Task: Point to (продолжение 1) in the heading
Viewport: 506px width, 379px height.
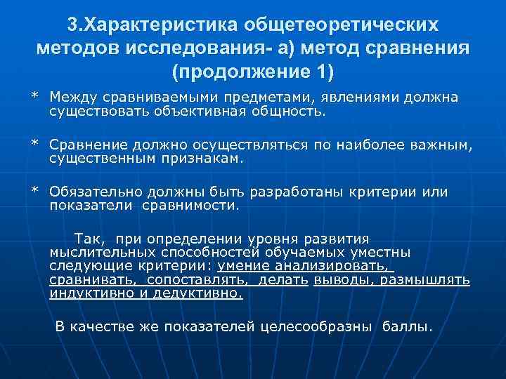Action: pos(253,72)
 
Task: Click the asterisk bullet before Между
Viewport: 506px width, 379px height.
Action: pos(33,97)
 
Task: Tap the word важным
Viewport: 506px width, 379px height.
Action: pos(445,145)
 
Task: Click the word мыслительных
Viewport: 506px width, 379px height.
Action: pos(94,252)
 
